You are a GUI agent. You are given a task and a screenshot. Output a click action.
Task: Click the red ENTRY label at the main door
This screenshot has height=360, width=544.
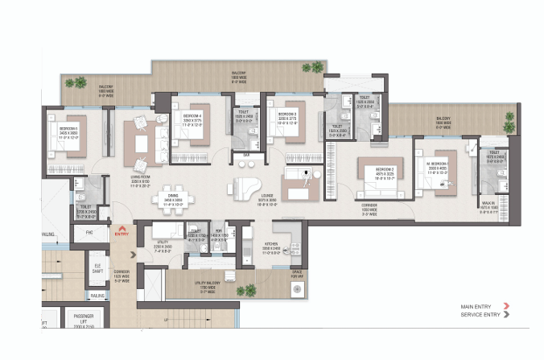point(122,234)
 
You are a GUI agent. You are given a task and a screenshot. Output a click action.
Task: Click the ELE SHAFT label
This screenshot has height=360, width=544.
point(97,267)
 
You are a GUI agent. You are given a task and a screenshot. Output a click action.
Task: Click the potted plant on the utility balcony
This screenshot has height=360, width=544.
point(250,288)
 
